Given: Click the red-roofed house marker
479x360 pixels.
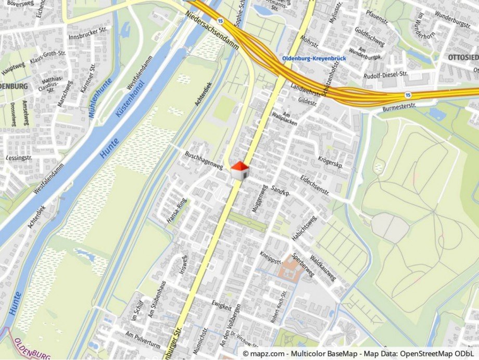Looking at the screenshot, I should pyautogui.click(x=239, y=170).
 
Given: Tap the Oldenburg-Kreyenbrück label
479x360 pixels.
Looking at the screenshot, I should pyautogui.click(x=314, y=58).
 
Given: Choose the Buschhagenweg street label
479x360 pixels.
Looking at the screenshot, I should pyautogui.click(x=204, y=160).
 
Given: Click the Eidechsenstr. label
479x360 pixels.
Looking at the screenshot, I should pyautogui.click(x=315, y=184).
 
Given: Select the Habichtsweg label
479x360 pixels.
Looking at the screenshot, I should pyautogui.click(x=304, y=228).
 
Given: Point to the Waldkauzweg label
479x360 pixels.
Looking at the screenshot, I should pyautogui.click(x=323, y=268).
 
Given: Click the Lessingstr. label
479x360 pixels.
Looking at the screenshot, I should pyautogui.click(x=19, y=156).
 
